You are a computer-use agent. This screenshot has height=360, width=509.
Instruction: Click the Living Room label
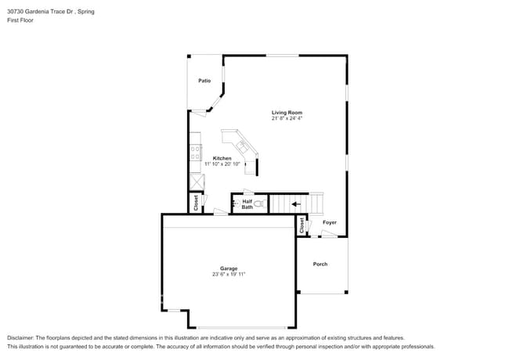287,113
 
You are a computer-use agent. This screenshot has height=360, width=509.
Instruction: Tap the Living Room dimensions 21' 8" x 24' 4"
287,119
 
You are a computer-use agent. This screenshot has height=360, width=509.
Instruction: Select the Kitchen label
222,158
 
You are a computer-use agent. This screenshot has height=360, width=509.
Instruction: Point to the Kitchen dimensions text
222,164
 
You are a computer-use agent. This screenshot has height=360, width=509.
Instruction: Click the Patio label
204,81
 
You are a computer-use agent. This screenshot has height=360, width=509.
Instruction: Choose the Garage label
228,268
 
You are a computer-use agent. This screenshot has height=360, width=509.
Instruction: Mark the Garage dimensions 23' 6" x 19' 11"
228,275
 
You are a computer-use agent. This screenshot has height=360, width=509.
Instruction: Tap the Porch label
320,264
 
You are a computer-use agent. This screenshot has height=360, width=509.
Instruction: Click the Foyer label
330,222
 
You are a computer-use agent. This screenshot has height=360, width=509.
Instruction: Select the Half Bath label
247,204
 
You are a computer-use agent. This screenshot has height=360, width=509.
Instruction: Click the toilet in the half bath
262,204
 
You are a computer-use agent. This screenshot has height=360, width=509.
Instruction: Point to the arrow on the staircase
295,205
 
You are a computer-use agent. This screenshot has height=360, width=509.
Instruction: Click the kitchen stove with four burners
195,153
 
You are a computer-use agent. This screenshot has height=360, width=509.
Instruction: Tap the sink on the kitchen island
243,146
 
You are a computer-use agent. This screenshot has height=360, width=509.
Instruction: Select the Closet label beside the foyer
301,225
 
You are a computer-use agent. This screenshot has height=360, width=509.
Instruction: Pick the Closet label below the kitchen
196,202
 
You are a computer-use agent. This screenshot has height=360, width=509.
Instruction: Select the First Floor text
20,20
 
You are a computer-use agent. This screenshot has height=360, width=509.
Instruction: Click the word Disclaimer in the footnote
22,337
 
